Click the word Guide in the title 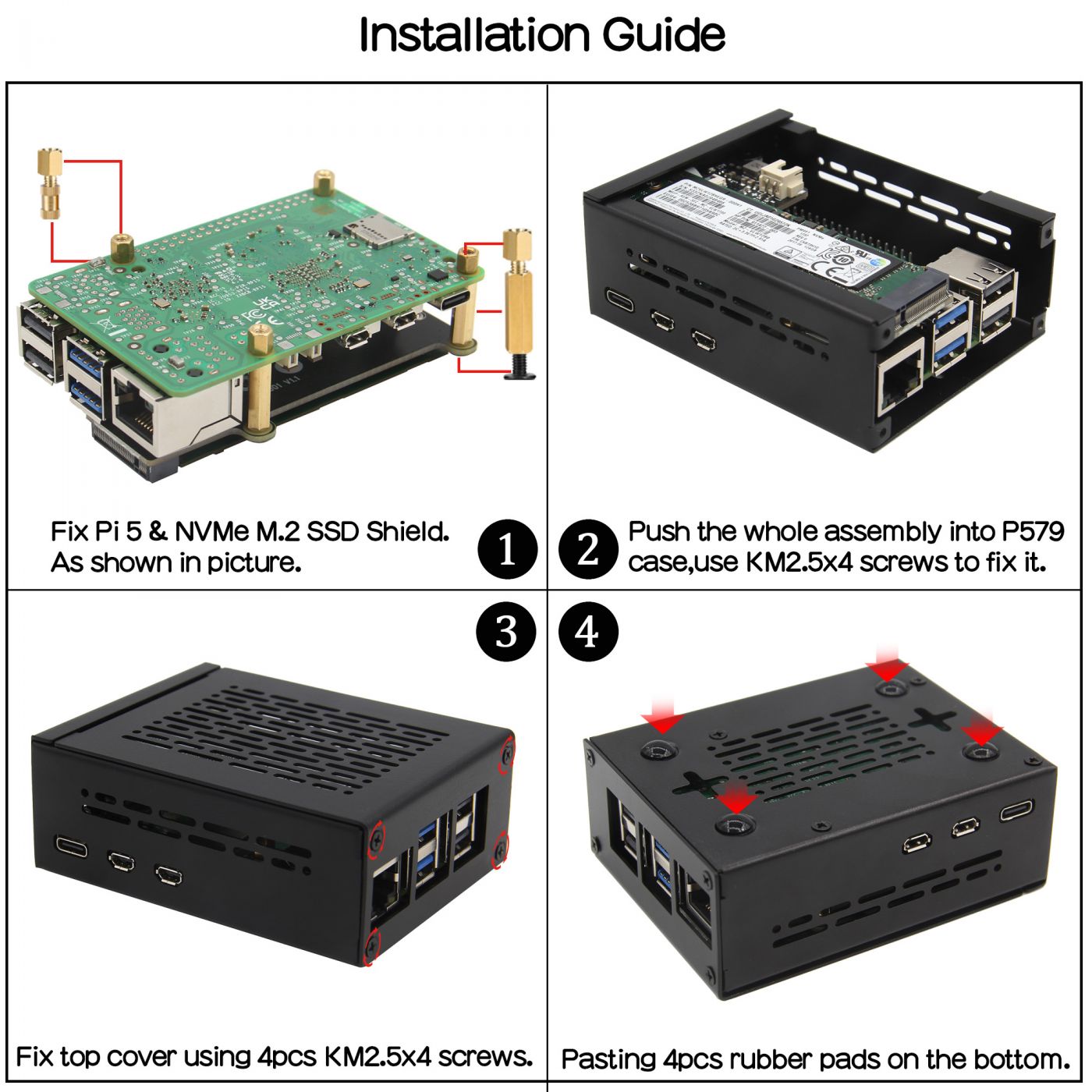click(x=664, y=35)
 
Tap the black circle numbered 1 click(x=507, y=549)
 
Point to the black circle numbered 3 click(x=507, y=631)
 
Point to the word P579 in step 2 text click(x=1032, y=532)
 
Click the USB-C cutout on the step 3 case click(x=73, y=846)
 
